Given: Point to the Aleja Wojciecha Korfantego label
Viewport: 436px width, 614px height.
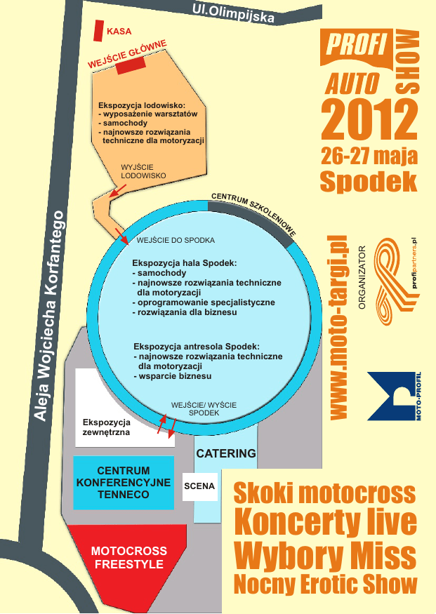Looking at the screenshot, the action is pos(50,316).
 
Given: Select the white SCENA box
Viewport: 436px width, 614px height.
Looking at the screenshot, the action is pos(199,486).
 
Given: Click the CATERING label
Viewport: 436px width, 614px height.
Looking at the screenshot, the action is pos(225,453).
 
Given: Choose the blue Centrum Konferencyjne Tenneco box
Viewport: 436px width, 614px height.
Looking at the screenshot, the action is pos(123,483).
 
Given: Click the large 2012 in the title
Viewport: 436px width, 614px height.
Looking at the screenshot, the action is pos(368,119).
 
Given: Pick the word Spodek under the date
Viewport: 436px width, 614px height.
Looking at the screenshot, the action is pos(369,180).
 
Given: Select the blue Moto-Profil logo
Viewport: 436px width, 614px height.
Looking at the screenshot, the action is pos(394,397).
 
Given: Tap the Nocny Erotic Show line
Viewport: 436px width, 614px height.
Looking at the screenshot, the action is pos(325,583).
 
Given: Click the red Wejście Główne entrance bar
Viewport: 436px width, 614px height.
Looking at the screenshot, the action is pos(131,65).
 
